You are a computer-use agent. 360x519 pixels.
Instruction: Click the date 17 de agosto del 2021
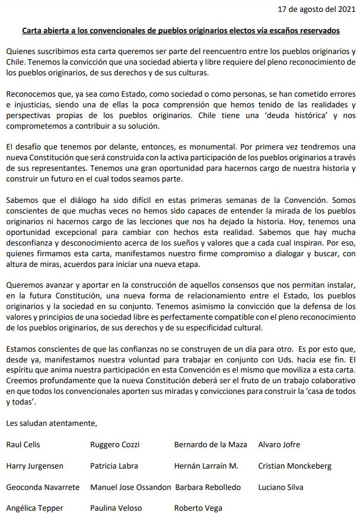point(314,10)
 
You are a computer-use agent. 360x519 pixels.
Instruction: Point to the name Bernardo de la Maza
point(211,444)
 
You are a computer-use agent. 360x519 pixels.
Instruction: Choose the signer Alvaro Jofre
point(279,444)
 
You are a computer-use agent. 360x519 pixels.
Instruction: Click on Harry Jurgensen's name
point(34,466)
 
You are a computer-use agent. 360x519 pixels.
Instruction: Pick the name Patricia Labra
point(114,466)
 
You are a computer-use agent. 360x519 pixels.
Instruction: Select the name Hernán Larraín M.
point(206,466)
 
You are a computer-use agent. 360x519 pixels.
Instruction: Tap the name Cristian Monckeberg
point(295,466)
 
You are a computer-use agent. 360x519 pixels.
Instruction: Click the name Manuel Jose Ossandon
point(130,487)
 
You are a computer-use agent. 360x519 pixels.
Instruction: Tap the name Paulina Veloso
point(114,508)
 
